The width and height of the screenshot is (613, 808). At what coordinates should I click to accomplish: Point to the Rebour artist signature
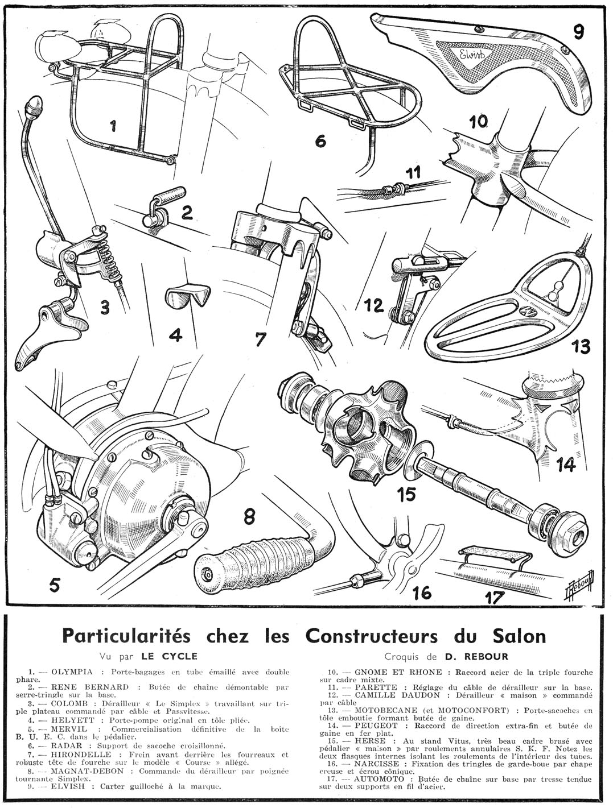[x=579, y=582]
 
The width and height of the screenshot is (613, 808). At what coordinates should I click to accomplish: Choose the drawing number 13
[x=576, y=346]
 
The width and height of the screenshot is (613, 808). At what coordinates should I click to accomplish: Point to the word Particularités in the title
[x=120, y=635]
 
